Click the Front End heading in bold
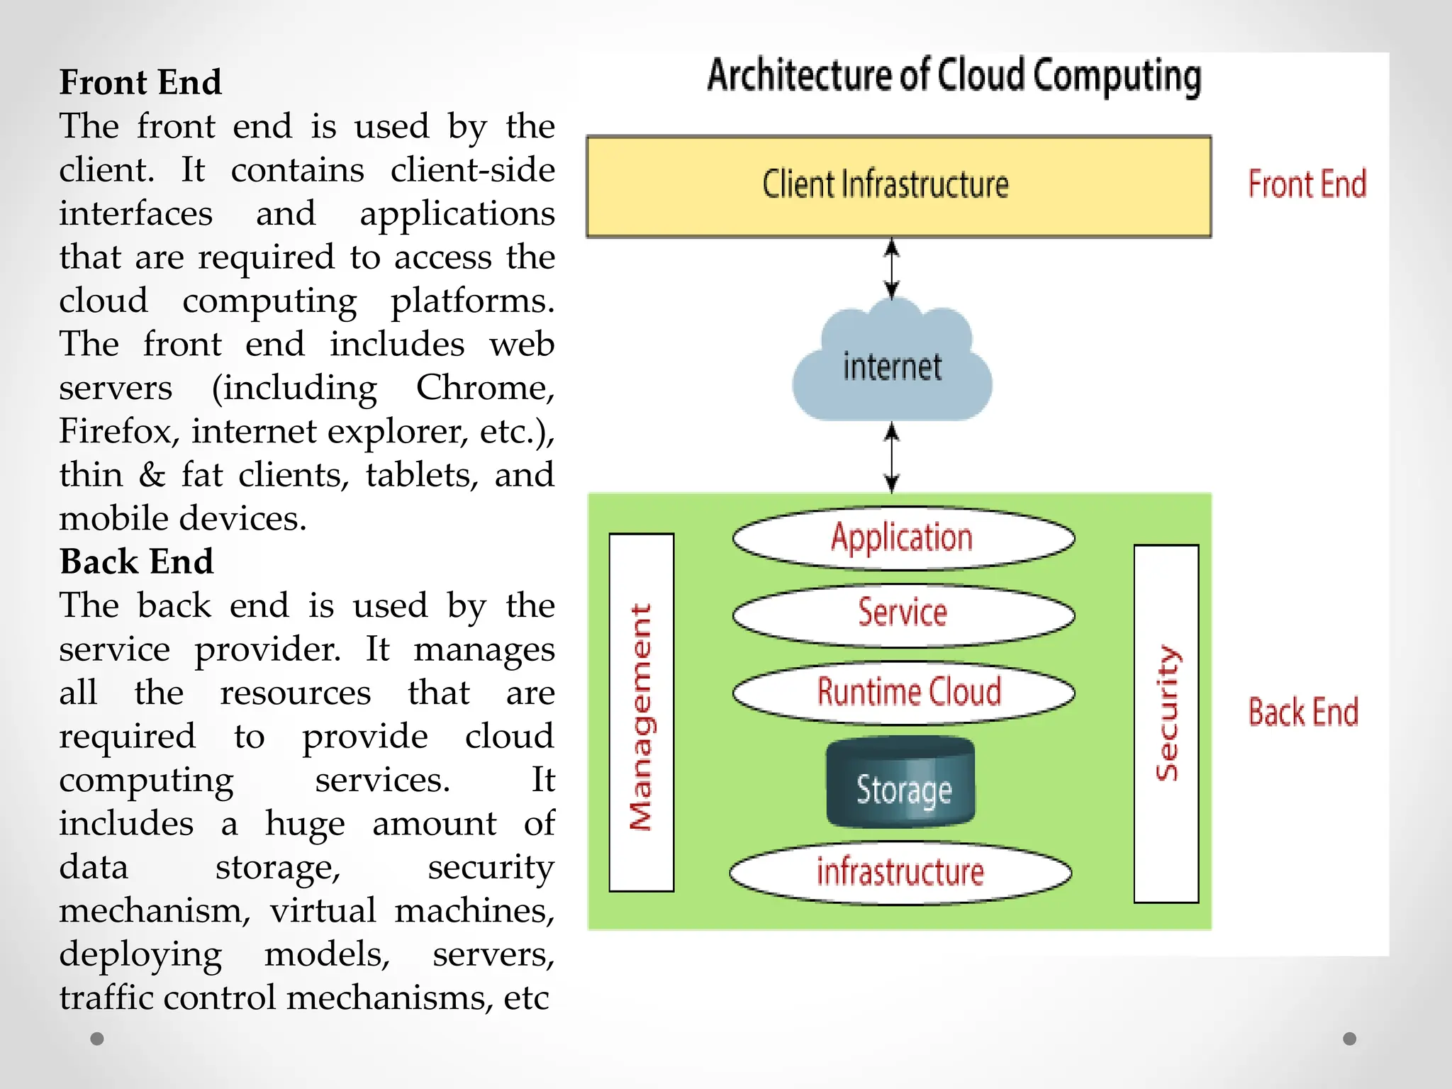(140, 82)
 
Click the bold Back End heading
(136, 562)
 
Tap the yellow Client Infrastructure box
(898, 186)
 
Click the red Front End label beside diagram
(1307, 184)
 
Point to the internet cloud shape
(892, 366)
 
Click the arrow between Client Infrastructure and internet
(892, 269)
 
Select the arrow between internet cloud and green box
(892, 457)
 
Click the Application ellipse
(903, 537)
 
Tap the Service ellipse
(903, 613)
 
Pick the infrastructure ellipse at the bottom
(900, 872)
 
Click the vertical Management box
(641, 713)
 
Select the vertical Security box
(1166, 723)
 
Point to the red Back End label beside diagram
(1303, 712)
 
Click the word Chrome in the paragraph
(484, 388)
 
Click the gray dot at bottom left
(97, 1039)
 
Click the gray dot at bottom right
(1349, 1039)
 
